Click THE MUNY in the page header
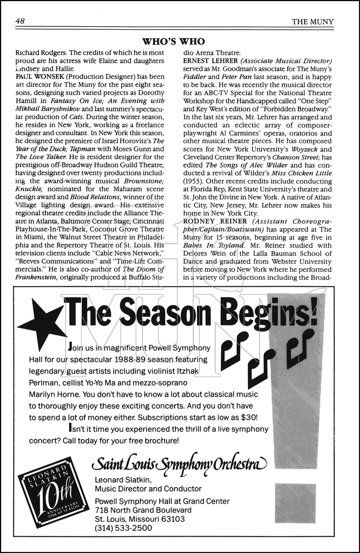[312, 22]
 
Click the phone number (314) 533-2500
[123, 528]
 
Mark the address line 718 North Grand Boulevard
[143, 510]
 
